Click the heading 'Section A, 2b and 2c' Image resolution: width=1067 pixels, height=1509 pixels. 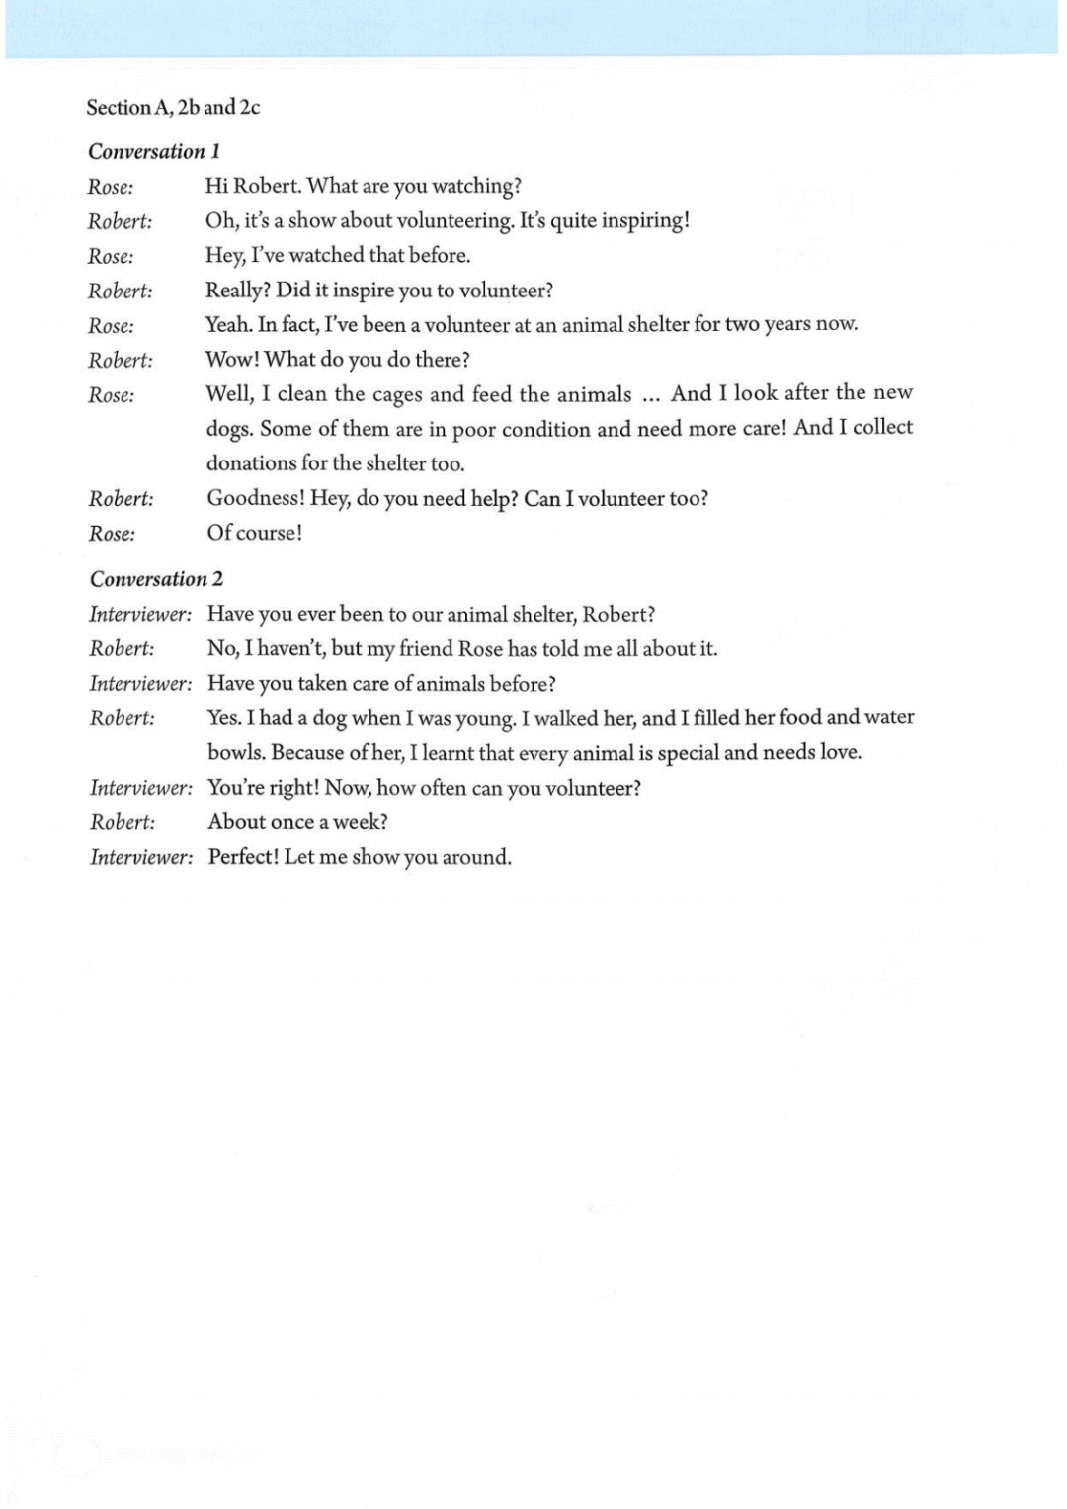coord(173,107)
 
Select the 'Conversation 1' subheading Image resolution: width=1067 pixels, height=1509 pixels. coord(154,151)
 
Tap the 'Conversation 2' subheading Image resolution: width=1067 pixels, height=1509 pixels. coord(156,579)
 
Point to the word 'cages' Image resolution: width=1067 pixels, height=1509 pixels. coord(397,394)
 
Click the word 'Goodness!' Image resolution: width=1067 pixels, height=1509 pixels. coord(255,498)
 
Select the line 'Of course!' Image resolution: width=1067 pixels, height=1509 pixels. coord(255,533)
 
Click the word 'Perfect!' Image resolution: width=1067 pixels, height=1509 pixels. coord(243,857)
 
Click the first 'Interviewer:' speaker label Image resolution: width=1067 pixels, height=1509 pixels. coord(140,615)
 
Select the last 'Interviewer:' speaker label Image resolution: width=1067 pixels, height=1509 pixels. coord(141,857)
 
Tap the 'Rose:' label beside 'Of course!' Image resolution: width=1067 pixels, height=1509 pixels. coord(113,534)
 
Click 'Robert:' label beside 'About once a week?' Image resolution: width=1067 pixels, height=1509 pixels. coord(123,822)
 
